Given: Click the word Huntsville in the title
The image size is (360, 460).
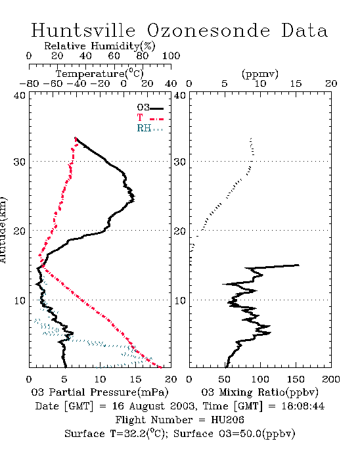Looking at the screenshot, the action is pos(83,30).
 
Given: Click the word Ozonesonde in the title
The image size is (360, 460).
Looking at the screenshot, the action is pos(208,30).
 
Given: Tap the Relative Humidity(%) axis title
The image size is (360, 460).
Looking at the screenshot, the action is pos(100,46).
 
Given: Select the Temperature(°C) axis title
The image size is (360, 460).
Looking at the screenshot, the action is pos(100,74).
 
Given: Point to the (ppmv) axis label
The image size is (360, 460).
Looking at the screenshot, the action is pos(260,74).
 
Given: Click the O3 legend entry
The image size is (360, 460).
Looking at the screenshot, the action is pos(150,108).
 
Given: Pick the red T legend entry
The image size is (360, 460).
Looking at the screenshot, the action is pos(150,118).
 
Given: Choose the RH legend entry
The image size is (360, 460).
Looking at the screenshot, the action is pos(150,128).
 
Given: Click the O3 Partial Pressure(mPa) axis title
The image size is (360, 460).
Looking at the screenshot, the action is pos(100,392).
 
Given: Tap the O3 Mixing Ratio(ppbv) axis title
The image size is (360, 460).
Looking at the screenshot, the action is pos(259,392).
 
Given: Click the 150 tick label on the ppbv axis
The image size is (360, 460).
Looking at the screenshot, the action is pos(296,379).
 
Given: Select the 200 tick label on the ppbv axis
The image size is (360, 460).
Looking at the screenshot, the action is pos(331,379).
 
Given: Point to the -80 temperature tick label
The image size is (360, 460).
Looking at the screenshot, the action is pos(29,83).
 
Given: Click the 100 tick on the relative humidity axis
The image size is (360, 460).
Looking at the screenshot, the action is pos(171,56).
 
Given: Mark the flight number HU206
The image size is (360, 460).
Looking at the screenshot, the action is pos(227,420).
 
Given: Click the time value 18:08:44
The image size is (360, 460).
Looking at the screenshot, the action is pos(303,406).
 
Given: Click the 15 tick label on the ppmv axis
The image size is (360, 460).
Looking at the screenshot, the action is pos(296,83).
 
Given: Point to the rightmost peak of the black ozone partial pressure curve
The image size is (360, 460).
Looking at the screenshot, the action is pos(134,197).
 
